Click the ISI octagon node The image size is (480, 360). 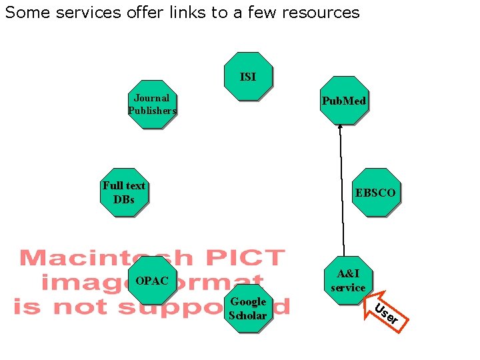tap(248, 76)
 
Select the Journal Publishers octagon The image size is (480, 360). tap(153, 104)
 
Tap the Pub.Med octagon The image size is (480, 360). tap(343, 101)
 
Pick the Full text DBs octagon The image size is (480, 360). tap(124, 192)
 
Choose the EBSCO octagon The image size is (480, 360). tap(376, 193)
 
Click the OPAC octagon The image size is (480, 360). tap(152, 281)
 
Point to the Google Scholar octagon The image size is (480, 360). tap(248, 308)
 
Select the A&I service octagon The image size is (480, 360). tap(347, 281)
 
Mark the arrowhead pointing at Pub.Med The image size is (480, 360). tap(339, 127)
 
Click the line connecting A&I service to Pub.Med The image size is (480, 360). tap(342, 193)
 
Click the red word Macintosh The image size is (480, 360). tap(105, 258)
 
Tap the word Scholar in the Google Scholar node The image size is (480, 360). tap(248, 315)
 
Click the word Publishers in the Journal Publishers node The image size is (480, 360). tap(153, 111)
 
